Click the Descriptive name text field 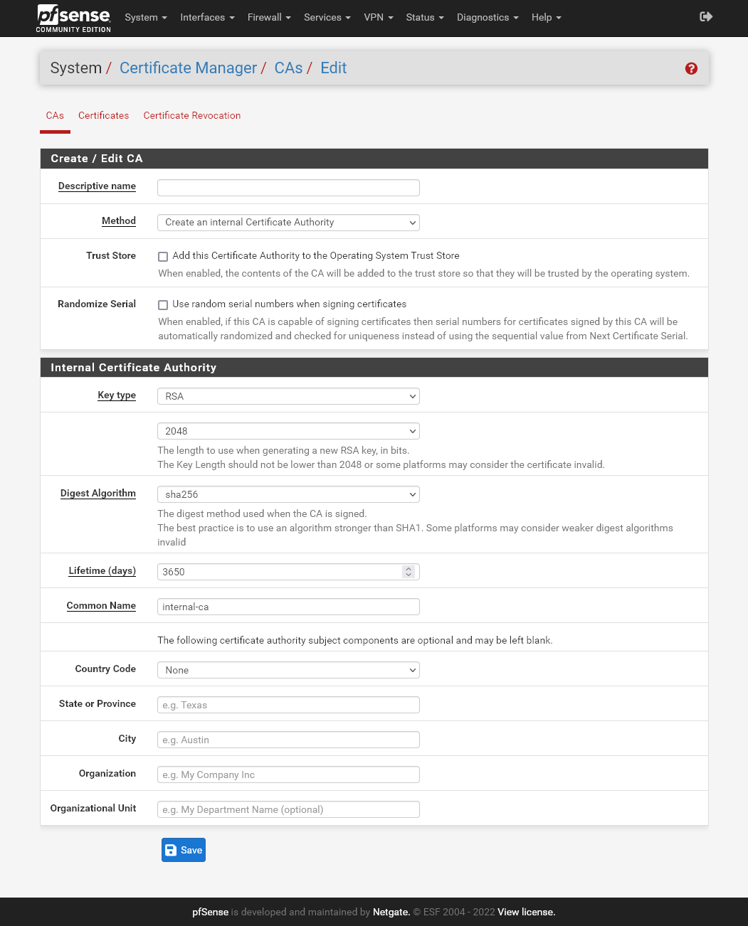pyautogui.click(x=288, y=188)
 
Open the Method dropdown pyautogui.click(x=288, y=223)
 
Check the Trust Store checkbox pyautogui.click(x=163, y=257)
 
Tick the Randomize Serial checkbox pyautogui.click(x=163, y=305)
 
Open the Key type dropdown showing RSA pyautogui.click(x=288, y=396)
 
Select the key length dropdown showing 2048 pyautogui.click(x=288, y=431)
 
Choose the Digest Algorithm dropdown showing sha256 pyautogui.click(x=288, y=494)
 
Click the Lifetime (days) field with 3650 pyautogui.click(x=281, y=572)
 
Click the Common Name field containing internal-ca pyautogui.click(x=288, y=607)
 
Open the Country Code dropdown pyautogui.click(x=288, y=670)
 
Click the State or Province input pyautogui.click(x=288, y=705)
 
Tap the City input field pyautogui.click(x=288, y=740)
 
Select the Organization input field pyautogui.click(x=288, y=775)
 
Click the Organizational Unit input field pyautogui.click(x=288, y=809)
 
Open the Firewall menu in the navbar pyautogui.click(x=269, y=17)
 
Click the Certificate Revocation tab pyautogui.click(x=192, y=115)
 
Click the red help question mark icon pyautogui.click(x=691, y=68)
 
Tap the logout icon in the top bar pyautogui.click(x=706, y=16)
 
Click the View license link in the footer pyautogui.click(x=526, y=912)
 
